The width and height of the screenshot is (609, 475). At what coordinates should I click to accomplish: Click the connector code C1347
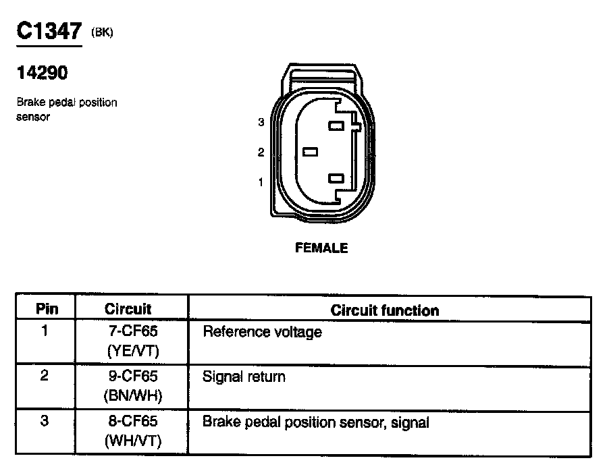coord(48,32)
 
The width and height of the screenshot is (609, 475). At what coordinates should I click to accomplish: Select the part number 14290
coord(41,74)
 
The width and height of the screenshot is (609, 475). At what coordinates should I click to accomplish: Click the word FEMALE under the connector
coord(322,248)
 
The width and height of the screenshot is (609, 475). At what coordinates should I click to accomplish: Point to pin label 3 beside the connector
coord(261,123)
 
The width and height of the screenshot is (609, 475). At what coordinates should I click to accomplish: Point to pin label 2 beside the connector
coord(261,152)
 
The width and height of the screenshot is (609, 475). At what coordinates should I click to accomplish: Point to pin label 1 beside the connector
coord(261,181)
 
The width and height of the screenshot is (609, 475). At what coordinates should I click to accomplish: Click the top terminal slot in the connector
coord(336,125)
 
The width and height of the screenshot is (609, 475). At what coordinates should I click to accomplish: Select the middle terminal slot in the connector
coord(311,152)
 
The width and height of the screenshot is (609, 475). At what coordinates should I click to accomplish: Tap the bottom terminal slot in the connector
coord(336,179)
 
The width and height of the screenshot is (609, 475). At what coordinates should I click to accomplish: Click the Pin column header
coord(47,310)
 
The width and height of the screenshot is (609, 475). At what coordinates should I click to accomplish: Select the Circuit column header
coord(128,310)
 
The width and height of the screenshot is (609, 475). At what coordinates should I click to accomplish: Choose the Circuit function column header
coord(385,310)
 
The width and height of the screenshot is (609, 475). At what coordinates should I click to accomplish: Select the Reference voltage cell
coord(262,332)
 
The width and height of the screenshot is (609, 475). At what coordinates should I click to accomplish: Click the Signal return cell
coord(244,376)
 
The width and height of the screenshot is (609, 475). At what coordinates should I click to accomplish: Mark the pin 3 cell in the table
coord(45,422)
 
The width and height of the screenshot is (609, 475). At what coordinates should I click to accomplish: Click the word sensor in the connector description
coord(32,117)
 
